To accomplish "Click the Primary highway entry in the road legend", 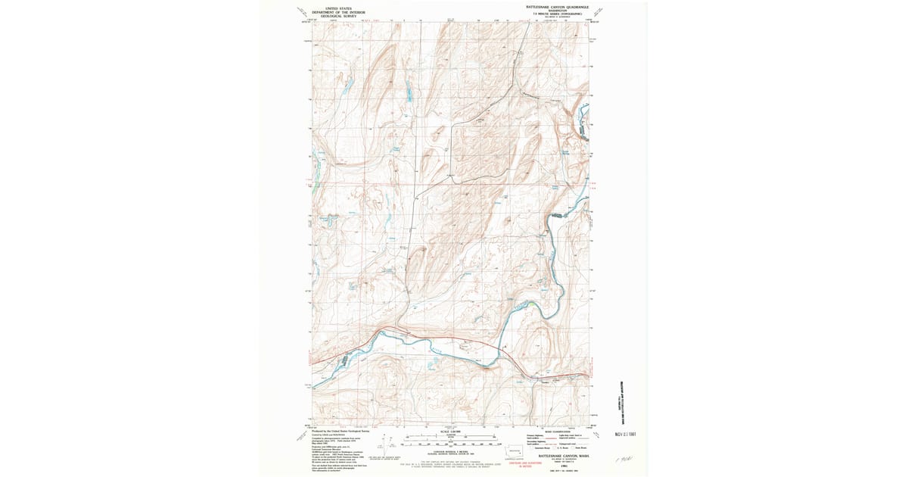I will [x=536, y=435].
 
